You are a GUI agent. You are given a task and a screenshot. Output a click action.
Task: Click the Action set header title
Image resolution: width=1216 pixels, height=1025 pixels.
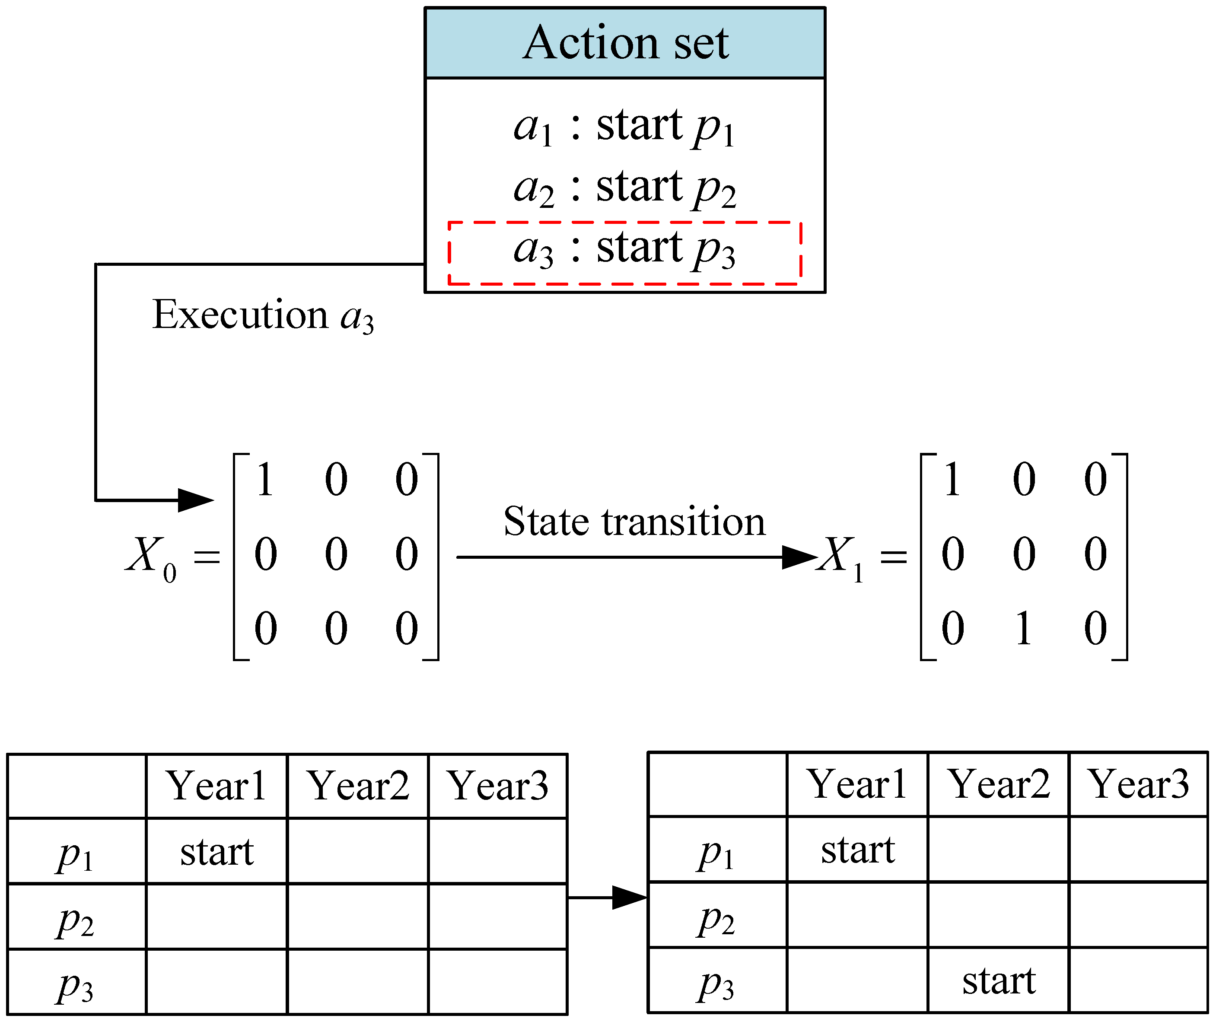625,44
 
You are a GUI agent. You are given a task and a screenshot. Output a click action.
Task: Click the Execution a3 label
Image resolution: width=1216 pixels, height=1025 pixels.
263,315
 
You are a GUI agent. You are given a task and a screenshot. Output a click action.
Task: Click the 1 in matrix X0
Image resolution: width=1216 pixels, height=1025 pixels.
265,480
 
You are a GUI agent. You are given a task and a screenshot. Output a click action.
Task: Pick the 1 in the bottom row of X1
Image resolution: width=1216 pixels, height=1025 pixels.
1024,629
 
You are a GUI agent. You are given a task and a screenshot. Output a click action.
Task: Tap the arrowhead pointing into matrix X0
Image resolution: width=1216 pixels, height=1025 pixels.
196,500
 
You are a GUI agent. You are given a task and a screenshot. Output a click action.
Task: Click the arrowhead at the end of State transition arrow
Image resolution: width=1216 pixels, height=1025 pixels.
800,557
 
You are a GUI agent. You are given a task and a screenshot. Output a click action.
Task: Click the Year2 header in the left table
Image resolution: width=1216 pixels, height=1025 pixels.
358,786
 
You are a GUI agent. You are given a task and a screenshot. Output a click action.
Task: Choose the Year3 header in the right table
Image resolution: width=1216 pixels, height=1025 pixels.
1138,784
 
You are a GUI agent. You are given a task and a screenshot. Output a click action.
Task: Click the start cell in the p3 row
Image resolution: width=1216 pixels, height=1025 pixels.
999,981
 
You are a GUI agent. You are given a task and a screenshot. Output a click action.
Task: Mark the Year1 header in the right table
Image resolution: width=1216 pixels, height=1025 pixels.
857,784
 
